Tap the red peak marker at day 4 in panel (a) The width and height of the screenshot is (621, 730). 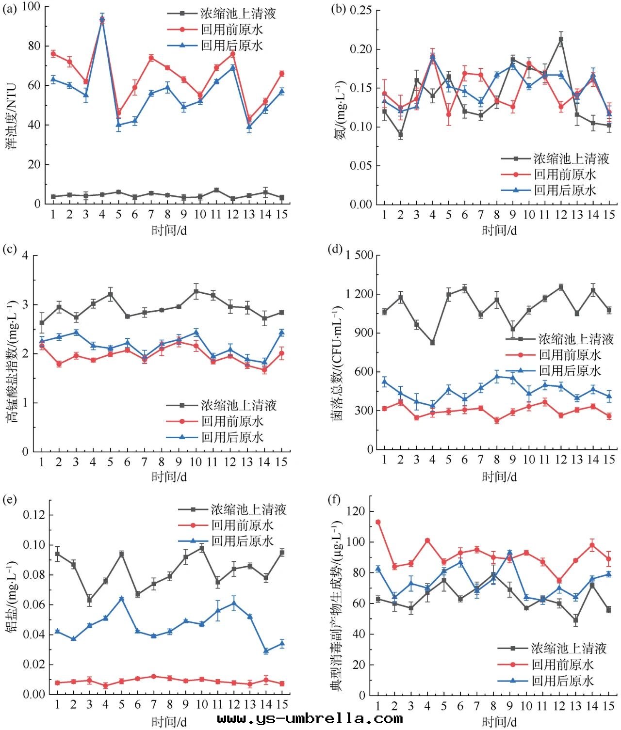coord(102,20)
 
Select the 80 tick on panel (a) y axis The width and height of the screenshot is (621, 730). coord(34,46)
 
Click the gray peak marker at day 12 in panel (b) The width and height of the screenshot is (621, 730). coord(561,40)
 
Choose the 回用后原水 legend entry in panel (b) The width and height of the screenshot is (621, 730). coord(565,190)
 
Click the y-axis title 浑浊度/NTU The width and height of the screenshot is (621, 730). coord(11,116)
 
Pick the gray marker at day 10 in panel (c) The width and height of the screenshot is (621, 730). coord(196,291)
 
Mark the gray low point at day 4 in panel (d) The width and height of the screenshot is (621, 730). coord(432,343)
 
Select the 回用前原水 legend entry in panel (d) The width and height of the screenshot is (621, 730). coord(570,355)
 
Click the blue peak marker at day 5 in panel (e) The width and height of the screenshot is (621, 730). coord(121,599)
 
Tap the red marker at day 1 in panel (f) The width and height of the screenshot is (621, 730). coord(378,522)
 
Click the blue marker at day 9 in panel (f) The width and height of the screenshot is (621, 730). coord(509,553)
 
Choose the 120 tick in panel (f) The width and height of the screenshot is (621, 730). coord(357,511)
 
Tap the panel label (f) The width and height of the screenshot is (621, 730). coord(335,499)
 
